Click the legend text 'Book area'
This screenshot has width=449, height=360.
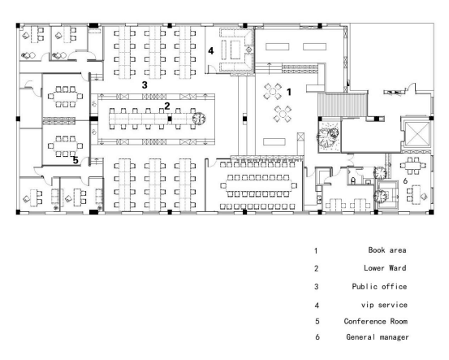[387, 250]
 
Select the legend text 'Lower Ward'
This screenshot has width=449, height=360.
[385, 268]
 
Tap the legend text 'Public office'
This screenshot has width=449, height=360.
[379, 286]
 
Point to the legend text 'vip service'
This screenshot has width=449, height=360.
[384, 305]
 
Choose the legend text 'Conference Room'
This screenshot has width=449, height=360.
[376, 321]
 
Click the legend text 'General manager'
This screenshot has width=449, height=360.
[378, 337]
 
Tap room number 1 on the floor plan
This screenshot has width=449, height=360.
[289, 92]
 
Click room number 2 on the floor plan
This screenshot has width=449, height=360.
[167, 106]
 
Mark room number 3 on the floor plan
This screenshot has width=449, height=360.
[145, 85]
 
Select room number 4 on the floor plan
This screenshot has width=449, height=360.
[211, 50]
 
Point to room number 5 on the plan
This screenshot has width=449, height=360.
[76, 160]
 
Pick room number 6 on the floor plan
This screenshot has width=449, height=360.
[405, 181]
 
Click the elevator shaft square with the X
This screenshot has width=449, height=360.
[418, 134]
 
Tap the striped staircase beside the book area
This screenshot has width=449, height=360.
[343, 105]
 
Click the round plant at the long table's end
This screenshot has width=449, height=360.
[199, 118]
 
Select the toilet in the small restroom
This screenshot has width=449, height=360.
[353, 180]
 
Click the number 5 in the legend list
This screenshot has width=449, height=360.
[317, 321]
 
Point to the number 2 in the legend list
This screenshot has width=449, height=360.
[317, 268]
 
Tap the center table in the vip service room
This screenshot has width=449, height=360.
[235, 50]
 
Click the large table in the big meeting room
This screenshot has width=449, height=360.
[258, 186]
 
